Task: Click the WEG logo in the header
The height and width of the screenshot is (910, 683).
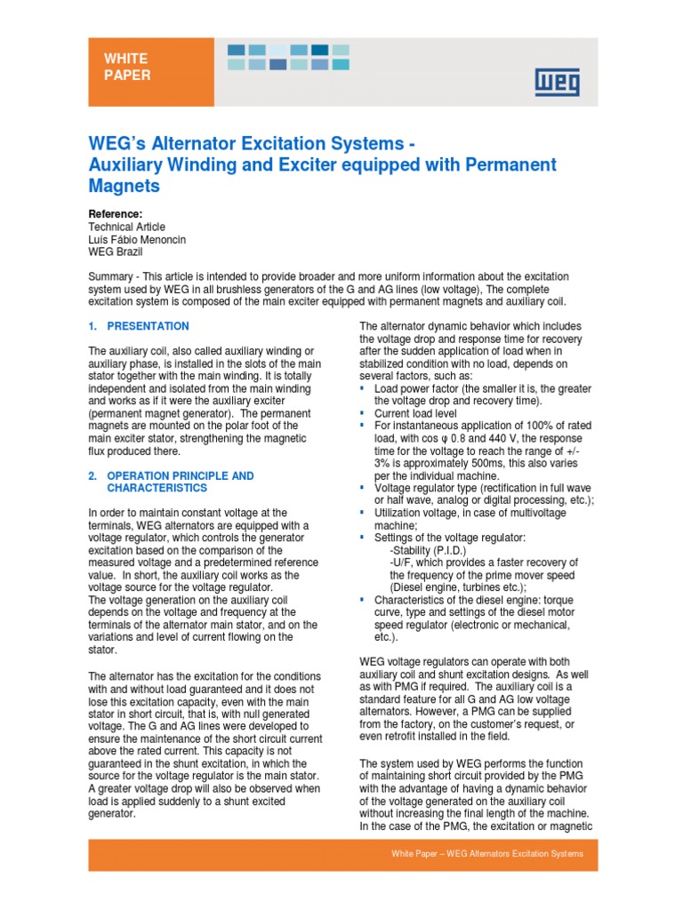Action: coord(557,83)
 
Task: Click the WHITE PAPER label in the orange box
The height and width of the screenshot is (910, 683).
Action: coord(127,67)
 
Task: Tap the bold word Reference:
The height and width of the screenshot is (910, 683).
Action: coord(115,214)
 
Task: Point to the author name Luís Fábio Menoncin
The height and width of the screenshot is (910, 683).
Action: coord(137,240)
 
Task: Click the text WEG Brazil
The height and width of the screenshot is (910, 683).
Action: coord(115,252)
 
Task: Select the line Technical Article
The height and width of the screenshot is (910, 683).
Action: coord(127,227)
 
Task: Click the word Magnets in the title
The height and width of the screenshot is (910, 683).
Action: coord(124,186)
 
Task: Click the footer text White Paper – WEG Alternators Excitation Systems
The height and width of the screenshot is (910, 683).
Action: coord(487,854)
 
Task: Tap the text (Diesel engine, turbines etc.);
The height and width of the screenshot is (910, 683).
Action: coord(458,587)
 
